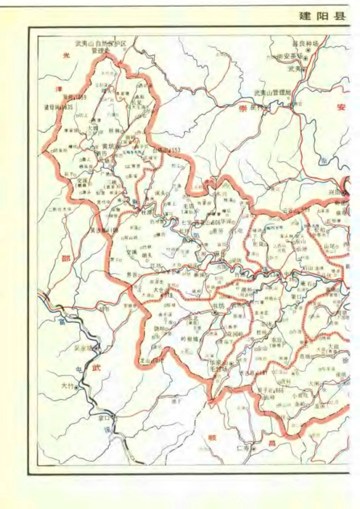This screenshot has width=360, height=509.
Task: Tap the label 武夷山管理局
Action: point(272,93)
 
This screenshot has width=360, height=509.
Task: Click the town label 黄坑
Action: point(109,147)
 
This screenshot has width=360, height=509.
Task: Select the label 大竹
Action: point(67,386)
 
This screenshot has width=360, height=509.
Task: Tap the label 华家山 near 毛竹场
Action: point(219,362)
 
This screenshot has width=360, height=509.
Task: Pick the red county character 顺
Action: point(212,437)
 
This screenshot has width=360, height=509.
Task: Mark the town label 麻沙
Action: point(221,254)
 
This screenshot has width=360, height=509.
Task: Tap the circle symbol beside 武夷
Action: point(303,69)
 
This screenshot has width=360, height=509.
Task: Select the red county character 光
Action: point(66,55)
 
